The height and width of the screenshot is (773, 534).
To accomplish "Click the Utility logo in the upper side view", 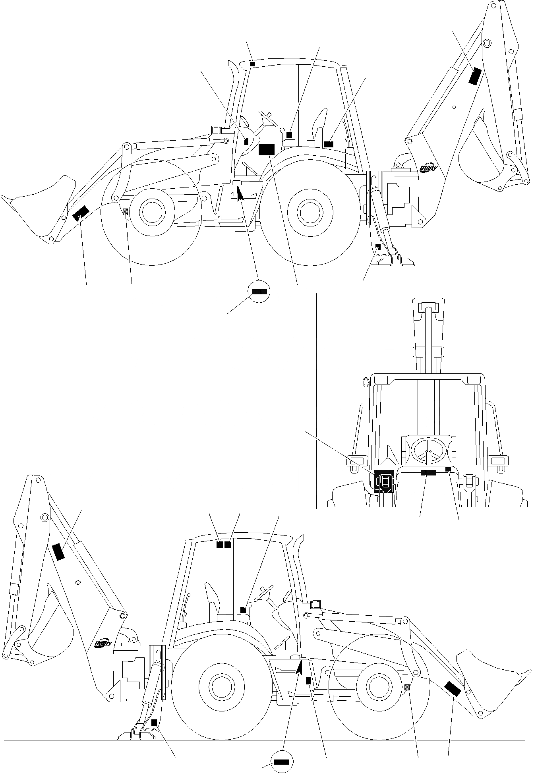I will [429, 168].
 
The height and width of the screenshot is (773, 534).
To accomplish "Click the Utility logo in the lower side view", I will [104, 644].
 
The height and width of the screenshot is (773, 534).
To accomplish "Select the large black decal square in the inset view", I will [383, 481].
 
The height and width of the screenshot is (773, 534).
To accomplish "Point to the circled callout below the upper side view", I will [259, 292].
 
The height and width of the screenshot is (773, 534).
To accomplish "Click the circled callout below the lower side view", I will [281, 761].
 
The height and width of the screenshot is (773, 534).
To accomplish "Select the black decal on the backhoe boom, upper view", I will [475, 76].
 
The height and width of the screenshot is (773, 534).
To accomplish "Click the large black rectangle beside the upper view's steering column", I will [266, 149].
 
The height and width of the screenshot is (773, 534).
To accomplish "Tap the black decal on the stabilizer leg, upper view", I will [378, 247].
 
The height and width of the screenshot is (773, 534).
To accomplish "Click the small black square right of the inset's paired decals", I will [448, 469].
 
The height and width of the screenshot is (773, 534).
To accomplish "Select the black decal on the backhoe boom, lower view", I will [58, 552].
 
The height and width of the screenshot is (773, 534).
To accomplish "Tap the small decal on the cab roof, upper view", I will [253, 64].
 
